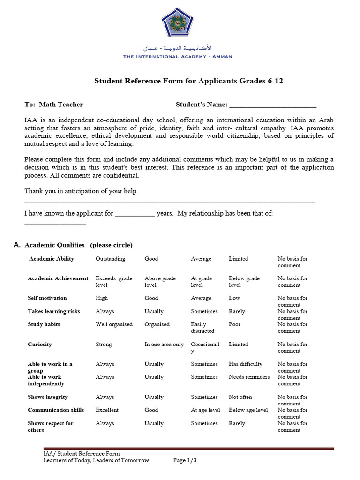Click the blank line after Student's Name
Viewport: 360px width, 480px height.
point(273,105)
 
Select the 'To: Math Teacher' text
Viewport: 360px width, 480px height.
point(53,105)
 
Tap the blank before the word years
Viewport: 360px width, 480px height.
point(135,214)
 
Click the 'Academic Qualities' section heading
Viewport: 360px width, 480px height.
point(54,245)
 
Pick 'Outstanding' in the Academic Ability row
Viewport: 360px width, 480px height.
point(110,259)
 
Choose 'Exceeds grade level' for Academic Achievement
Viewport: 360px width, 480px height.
point(114,282)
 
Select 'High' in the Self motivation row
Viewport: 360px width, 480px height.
point(102,298)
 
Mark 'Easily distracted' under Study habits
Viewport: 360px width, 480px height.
point(202,328)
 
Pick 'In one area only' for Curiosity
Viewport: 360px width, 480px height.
point(164,345)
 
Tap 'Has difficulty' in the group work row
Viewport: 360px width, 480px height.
point(245,364)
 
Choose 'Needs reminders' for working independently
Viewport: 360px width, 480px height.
point(249,377)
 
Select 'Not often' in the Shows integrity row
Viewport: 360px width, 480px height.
point(240,397)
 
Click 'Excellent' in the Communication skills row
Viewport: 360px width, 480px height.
point(107,410)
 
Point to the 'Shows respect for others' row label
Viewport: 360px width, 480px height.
point(50,427)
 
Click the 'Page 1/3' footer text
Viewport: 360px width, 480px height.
point(185,460)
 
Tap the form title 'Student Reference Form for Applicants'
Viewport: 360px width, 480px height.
point(188,81)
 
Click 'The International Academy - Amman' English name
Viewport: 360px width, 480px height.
point(177,57)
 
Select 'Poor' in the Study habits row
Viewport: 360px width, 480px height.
point(235,324)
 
